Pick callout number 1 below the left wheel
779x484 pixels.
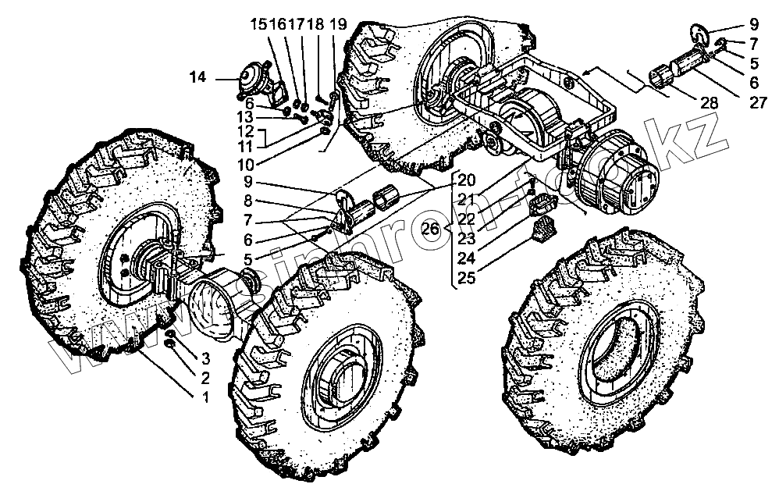tap(205, 397)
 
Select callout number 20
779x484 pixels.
tap(467, 178)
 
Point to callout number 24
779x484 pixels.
tap(467, 258)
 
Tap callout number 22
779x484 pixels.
tap(467, 218)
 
